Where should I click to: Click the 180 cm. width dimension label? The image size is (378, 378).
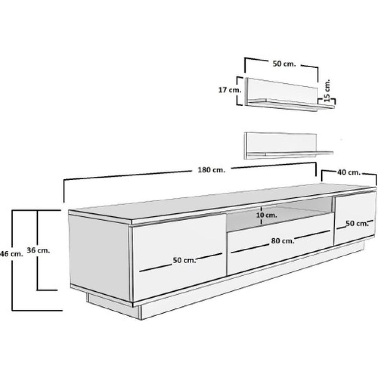(212, 170)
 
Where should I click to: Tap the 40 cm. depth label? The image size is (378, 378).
(349, 172)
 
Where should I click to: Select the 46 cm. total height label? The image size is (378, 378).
(12, 254)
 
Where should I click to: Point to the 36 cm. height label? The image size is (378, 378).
(38, 250)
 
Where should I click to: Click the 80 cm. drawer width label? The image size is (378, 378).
(283, 241)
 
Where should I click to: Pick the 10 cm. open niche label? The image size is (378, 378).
(267, 215)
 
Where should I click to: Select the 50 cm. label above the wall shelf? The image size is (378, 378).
(284, 64)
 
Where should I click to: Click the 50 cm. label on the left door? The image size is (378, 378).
(184, 260)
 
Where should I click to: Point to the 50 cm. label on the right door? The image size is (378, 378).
(357, 223)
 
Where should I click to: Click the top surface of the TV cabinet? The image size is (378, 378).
(222, 201)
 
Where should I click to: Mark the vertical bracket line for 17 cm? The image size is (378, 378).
(237, 91)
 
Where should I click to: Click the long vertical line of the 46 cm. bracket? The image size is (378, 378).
(12, 260)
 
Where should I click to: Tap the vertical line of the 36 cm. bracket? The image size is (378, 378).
(37, 250)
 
